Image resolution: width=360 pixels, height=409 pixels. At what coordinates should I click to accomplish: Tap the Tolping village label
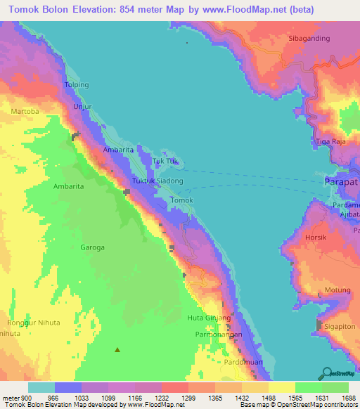(x=77, y=85)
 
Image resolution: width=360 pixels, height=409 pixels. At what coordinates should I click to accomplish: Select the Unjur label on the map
(x=82, y=106)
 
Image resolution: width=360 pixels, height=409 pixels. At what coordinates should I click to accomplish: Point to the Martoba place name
(x=26, y=112)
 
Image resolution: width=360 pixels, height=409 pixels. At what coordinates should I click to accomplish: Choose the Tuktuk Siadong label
(x=158, y=181)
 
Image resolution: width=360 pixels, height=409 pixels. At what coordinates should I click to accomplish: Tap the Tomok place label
(x=182, y=200)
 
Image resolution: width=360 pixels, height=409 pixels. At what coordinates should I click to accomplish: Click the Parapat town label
(x=342, y=181)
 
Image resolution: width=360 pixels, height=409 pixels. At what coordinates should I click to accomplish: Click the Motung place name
(x=337, y=290)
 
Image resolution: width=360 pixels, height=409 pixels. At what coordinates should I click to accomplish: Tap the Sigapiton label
(x=341, y=327)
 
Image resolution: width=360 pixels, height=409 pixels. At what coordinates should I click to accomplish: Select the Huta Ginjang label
(x=210, y=318)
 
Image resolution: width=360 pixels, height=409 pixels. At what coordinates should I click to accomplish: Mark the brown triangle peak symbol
(x=117, y=349)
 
